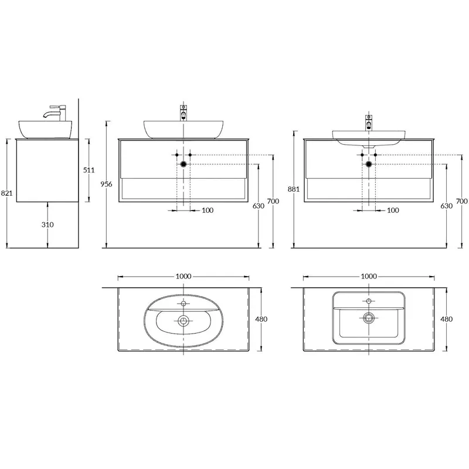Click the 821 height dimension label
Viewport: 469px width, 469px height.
coord(6,193)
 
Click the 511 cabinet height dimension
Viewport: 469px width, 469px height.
coord(89,170)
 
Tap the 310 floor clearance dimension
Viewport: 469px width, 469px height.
coord(47,225)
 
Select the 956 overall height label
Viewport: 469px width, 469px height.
coord(106,184)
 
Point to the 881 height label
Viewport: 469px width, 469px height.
coord(294,189)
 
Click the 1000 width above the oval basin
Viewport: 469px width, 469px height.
coord(183,276)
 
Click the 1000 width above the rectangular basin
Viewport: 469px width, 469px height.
coord(369,276)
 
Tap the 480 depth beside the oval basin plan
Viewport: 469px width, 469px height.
coord(261,319)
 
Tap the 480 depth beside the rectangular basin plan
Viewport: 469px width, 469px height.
coord(446,319)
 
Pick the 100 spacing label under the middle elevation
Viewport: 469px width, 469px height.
coord(208,210)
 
